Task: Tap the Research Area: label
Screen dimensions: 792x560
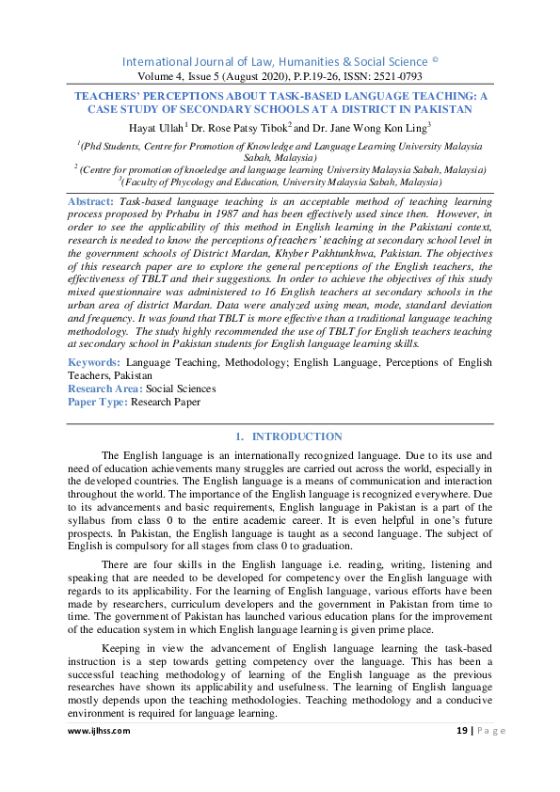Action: [x=105, y=388]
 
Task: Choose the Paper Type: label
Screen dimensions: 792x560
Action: [x=97, y=402]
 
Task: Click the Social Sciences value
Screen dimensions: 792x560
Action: [x=181, y=388]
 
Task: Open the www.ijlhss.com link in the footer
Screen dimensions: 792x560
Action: [x=99, y=730]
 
